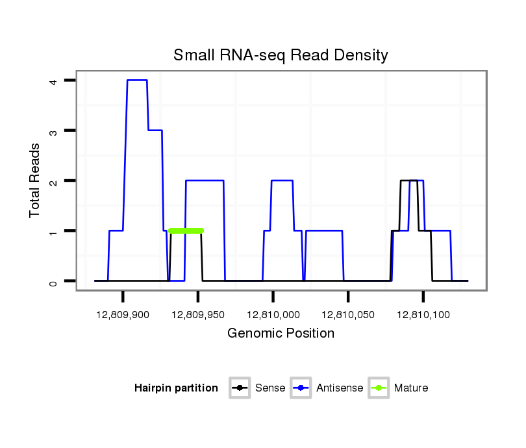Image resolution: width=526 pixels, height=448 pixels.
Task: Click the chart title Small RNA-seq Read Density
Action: tap(281, 55)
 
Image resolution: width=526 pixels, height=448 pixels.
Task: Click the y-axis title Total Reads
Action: tap(35, 180)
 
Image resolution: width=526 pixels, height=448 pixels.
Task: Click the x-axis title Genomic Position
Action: tap(281, 334)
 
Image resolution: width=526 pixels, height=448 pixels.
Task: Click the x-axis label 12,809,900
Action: tap(123, 314)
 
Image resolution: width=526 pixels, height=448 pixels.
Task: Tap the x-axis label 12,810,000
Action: tap(273, 314)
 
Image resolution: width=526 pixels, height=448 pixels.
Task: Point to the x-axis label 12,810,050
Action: tap(348, 314)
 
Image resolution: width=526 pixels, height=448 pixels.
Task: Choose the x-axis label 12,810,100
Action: tap(423, 314)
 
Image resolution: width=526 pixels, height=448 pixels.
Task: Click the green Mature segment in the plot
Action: tap(186, 230)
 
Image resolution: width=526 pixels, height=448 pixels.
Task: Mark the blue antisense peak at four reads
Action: tap(137, 80)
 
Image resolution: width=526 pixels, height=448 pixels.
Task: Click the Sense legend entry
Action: tap(259, 388)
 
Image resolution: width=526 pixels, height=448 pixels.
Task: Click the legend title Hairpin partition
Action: tap(176, 388)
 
